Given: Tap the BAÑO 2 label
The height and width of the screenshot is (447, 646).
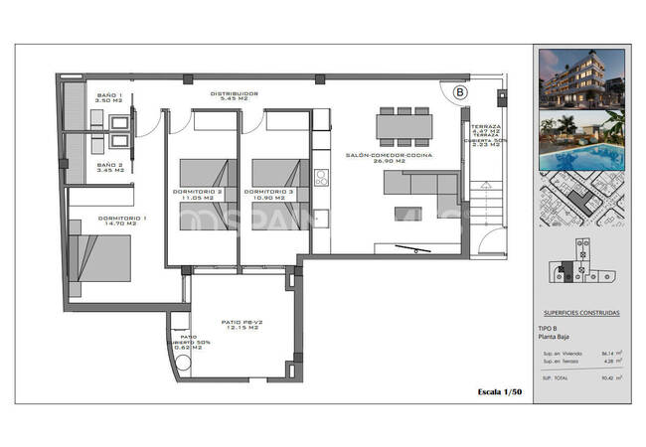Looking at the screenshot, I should [x=107, y=167].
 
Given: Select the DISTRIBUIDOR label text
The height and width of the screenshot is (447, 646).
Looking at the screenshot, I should [x=234, y=93].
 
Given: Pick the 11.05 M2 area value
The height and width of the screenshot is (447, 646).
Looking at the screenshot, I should [x=200, y=198].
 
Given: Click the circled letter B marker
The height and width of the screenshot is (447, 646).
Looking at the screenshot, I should [x=460, y=92].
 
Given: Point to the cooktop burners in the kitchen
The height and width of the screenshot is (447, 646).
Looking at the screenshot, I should [x=321, y=179].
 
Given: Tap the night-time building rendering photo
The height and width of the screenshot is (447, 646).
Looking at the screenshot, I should [x=581, y=80].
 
